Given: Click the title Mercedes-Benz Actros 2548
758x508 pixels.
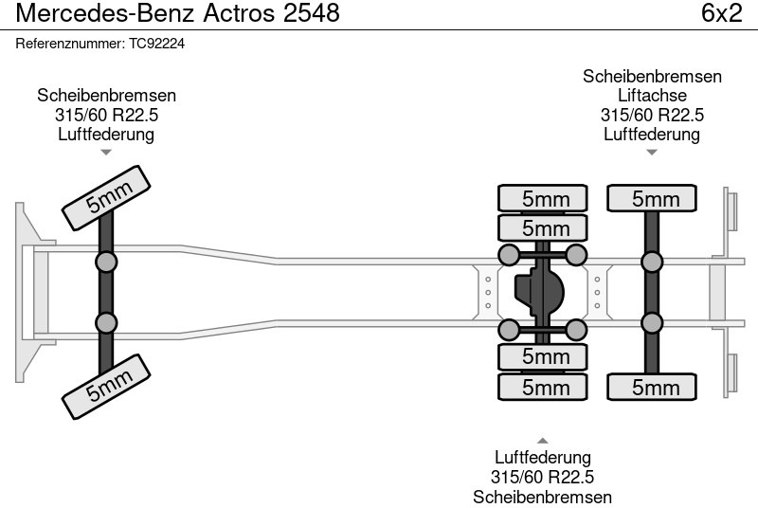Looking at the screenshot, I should click(x=178, y=14).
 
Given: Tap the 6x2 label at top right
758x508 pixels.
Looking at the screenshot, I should click(x=722, y=14).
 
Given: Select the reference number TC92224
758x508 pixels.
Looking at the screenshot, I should click(x=100, y=44).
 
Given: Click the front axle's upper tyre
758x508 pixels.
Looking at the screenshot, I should click(x=108, y=197).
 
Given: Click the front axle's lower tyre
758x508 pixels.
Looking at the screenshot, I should click(x=108, y=383).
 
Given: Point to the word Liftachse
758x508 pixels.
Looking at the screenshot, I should click(x=652, y=96).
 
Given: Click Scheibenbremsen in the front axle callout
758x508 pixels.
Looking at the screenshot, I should click(x=106, y=96).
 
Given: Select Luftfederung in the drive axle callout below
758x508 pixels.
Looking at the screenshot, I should click(x=542, y=459).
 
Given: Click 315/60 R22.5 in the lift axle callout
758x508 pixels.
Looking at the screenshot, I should click(x=652, y=115).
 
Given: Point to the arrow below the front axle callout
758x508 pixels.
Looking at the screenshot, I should click(x=106, y=152).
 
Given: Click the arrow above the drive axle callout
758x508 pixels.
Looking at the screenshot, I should click(x=542, y=440).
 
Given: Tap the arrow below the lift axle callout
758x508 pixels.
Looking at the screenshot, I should click(x=652, y=152).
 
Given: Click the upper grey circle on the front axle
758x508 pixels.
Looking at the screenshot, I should click(x=106, y=262).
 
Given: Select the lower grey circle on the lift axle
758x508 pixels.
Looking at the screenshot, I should click(x=651, y=322).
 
